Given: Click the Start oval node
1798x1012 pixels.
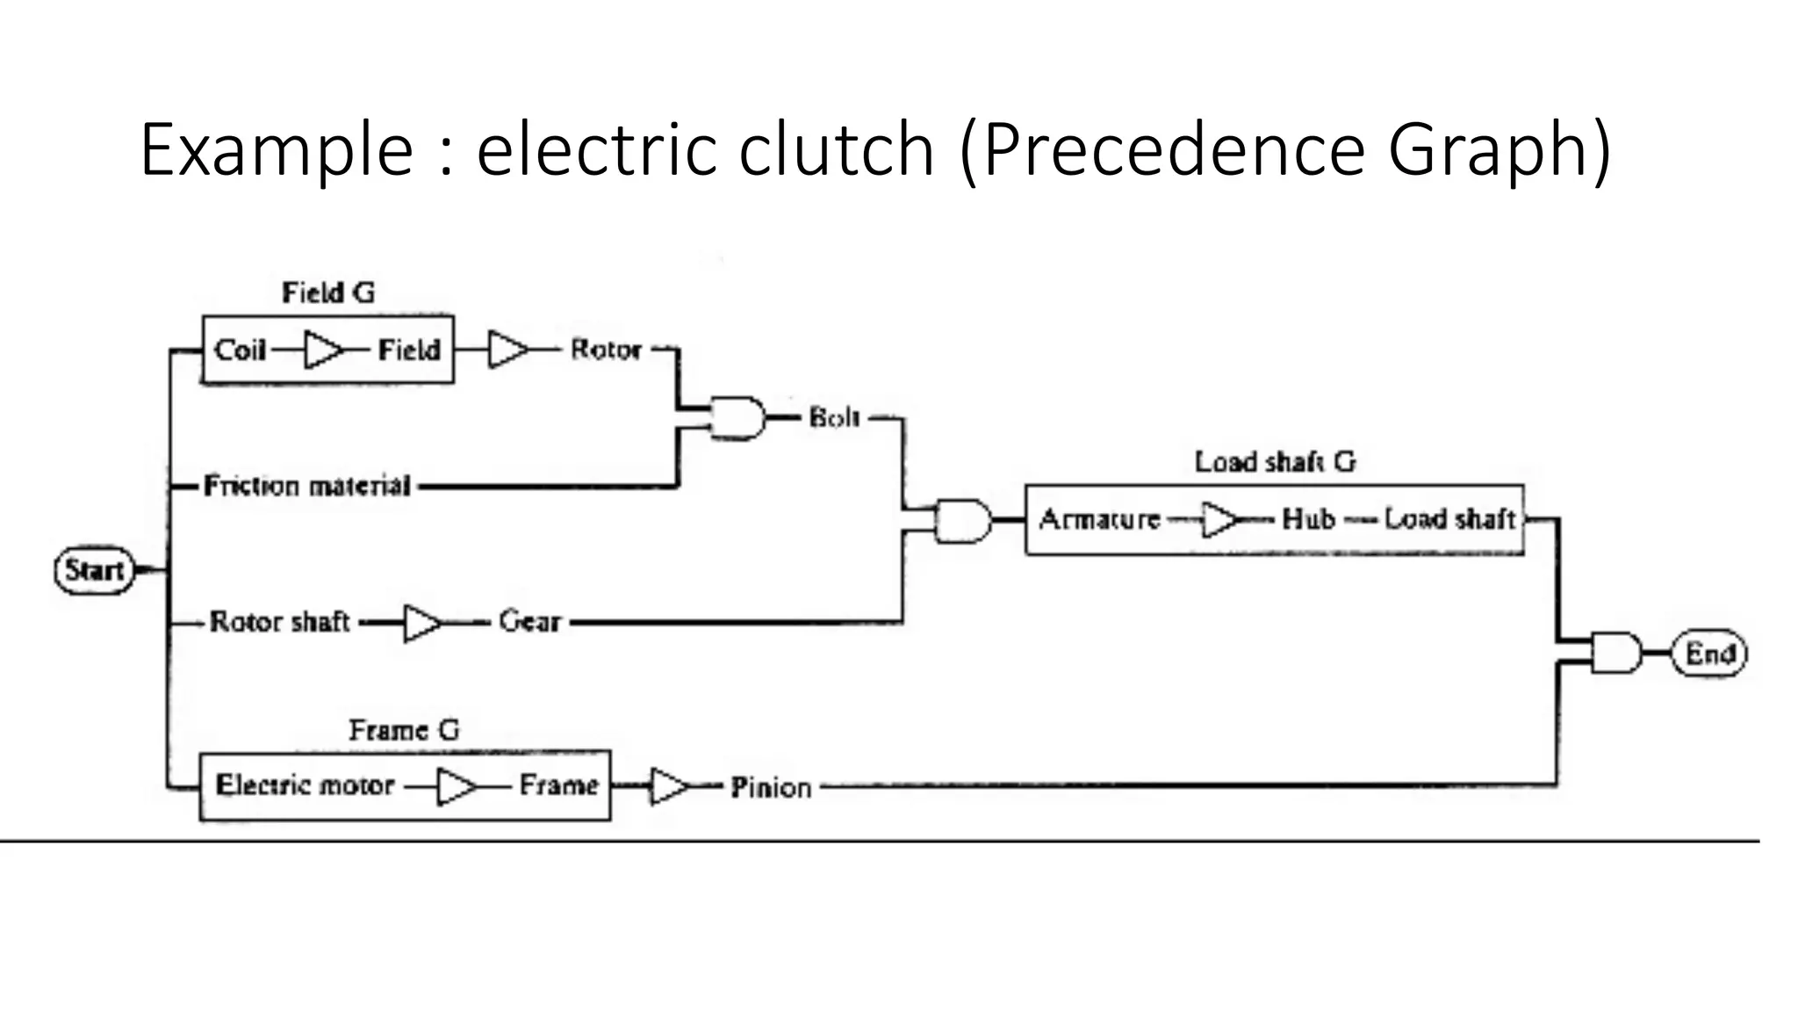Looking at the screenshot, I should (x=95, y=570).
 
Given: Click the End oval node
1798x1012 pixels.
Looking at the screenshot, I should (x=1708, y=654).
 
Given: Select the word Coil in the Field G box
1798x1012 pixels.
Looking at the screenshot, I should (x=240, y=351).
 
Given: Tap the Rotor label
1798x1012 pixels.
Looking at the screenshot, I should (x=606, y=350).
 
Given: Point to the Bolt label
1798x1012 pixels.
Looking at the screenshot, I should (x=834, y=417).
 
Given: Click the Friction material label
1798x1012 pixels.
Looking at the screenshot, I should (x=306, y=486).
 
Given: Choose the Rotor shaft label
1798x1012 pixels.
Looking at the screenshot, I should (x=279, y=622).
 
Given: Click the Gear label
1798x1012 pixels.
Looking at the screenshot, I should (x=529, y=622).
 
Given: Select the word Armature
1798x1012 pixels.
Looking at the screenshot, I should (x=1099, y=519).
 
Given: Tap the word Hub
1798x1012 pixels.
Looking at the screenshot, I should (x=1308, y=519).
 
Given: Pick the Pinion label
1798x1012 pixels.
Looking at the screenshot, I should (x=771, y=787).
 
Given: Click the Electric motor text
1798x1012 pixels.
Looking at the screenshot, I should (x=305, y=784).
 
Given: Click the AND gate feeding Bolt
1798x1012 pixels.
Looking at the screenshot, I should (x=737, y=417).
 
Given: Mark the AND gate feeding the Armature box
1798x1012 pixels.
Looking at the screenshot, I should (x=963, y=521).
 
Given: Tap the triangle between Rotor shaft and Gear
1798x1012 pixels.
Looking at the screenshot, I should (x=422, y=623).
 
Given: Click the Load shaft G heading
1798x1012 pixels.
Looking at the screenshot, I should (x=1275, y=461).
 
